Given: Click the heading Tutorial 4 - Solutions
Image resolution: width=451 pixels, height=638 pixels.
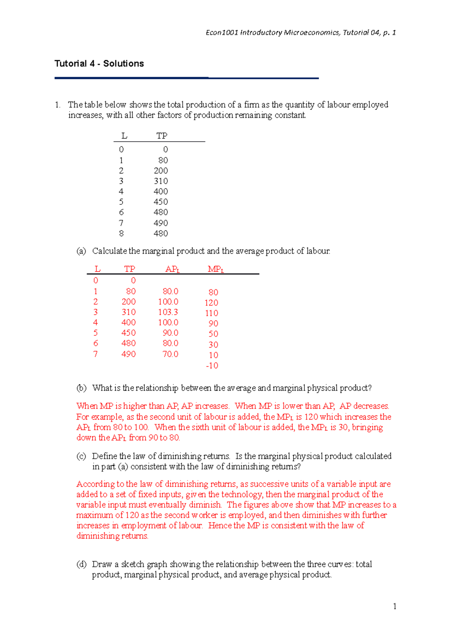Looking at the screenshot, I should click(x=99, y=63).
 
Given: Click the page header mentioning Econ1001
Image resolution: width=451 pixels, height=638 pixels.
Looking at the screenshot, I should click(x=301, y=33).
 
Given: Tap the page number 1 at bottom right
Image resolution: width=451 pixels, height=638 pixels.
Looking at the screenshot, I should click(x=394, y=606).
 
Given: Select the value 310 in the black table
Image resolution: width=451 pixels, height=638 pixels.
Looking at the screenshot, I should click(x=160, y=181).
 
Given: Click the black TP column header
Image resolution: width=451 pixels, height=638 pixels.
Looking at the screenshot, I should click(x=162, y=136).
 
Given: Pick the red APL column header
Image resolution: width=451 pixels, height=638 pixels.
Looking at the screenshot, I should click(x=173, y=269).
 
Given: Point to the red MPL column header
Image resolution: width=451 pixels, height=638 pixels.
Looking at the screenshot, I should click(x=216, y=269).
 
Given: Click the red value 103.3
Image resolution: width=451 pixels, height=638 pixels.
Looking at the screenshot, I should click(x=168, y=312).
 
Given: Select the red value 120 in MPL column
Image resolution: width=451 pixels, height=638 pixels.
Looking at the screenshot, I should click(x=211, y=302).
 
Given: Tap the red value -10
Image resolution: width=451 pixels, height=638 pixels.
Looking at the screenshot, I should click(x=212, y=366).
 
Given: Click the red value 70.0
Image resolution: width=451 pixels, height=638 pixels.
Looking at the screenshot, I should click(x=170, y=354).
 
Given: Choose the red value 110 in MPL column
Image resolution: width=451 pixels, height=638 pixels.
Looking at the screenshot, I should click(x=212, y=313).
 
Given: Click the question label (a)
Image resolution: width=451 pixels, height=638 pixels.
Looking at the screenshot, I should click(x=81, y=251).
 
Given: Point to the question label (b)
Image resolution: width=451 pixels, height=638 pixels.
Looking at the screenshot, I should click(x=81, y=388).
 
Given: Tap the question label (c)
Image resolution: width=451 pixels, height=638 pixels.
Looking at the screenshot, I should click(x=81, y=456).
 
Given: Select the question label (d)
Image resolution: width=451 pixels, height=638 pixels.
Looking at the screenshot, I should click(x=81, y=564).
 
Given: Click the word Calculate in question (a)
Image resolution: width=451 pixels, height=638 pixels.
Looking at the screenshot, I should click(x=109, y=251).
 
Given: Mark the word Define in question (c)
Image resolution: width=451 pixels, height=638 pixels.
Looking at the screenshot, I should click(x=104, y=456).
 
